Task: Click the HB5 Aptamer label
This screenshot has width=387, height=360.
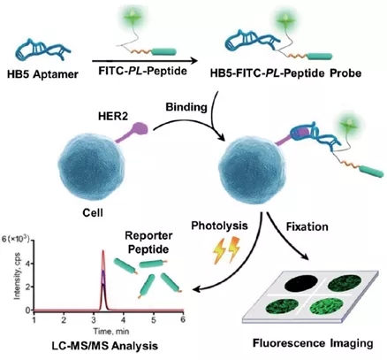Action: pos(42,73)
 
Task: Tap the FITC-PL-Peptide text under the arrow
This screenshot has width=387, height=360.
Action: pos(142,72)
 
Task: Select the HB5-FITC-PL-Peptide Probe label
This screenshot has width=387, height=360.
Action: pos(285,73)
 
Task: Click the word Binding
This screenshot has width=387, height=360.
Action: pos(186,107)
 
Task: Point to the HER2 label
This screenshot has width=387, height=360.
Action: pos(113,117)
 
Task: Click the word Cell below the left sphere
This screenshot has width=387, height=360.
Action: pos(93,212)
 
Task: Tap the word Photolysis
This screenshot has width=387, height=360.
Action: pos(219,226)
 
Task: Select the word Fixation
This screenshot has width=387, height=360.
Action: pos(307,226)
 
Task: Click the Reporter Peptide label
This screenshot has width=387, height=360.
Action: pos(148,242)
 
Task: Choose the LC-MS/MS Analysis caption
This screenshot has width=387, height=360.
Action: pos(105,345)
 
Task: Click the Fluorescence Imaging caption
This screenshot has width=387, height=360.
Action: pos(313,343)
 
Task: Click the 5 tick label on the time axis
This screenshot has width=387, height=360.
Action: pos(154,319)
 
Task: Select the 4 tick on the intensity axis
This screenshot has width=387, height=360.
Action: pos(29,264)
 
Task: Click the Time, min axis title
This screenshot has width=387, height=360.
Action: pos(111,331)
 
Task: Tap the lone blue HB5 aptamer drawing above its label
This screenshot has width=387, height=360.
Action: pos(43,50)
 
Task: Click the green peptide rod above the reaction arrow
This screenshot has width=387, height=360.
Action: pos(163,52)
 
